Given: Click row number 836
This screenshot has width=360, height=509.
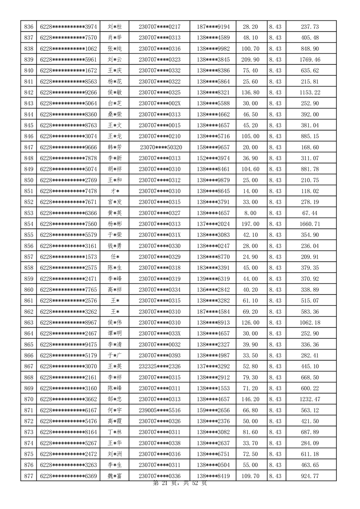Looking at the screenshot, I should (x=29, y=27).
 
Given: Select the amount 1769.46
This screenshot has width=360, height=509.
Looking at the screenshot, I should (x=310, y=59).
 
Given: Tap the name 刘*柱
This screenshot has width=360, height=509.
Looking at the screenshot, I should (x=114, y=27).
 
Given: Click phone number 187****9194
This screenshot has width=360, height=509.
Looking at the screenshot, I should (x=213, y=27).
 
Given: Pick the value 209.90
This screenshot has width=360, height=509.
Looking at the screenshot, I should (x=251, y=59).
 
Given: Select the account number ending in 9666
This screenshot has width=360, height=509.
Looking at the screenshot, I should (x=69, y=147).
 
